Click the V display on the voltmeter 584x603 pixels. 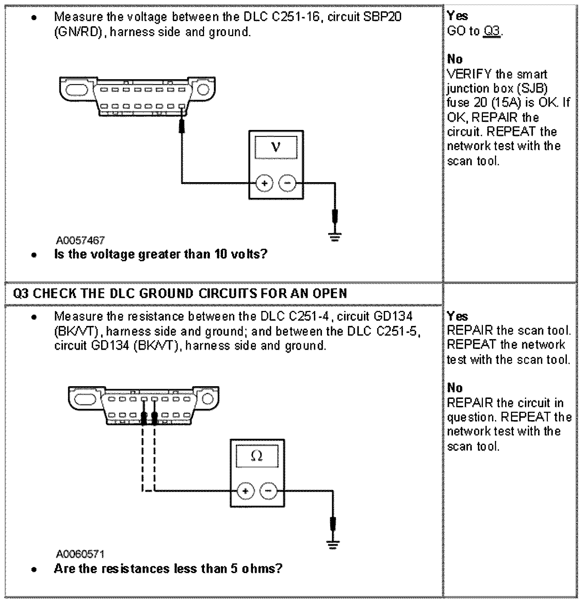pyautogui.click(x=276, y=147)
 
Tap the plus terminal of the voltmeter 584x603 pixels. pyautogui.click(x=264, y=183)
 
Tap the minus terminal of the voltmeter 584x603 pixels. pyautogui.click(x=288, y=183)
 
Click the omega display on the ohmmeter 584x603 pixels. pyautogui.click(x=257, y=456)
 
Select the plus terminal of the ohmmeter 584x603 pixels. pyautogui.click(x=246, y=491)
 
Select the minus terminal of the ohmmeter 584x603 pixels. pyautogui.click(x=268, y=491)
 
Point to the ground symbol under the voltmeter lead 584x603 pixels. pyautogui.click(x=335, y=238)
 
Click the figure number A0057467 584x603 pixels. pyautogui.click(x=80, y=240)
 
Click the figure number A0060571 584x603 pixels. pyautogui.click(x=80, y=554)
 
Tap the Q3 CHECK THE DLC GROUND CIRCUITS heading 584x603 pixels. pyautogui.click(x=180, y=293)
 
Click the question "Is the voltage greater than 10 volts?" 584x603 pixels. pyautogui.click(x=161, y=254)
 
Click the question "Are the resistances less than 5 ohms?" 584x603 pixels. pyautogui.click(x=168, y=569)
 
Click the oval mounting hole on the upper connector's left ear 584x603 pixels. pyautogui.click(x=76, y=89)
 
